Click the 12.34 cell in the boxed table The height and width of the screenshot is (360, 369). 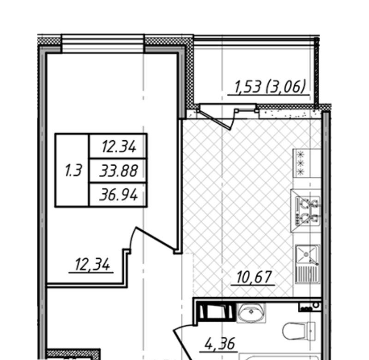click(x=118, y=146)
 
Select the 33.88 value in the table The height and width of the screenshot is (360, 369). click(x=118, y=171)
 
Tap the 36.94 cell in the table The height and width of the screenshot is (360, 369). click(x=118, y=195)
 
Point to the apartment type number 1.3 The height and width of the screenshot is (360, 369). click(x=73, y=170)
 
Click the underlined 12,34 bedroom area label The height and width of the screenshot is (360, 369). click(x=92, y=264)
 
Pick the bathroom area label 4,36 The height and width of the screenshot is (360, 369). click(x=219, y=344)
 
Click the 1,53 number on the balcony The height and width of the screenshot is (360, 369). click(x=248, y=86)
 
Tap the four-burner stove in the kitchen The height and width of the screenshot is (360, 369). click(x=306, y=211)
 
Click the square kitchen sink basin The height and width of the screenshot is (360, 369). click(x=307, y=254)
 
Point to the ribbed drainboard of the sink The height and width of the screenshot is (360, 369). click(x=307, y=274)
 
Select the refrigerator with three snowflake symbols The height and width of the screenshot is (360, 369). click(x=307, y=163)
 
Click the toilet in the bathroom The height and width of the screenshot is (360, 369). click(x=299, y=330)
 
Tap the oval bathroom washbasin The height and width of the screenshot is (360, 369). click(x=251, y=312)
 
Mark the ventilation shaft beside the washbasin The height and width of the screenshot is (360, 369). click(x=216, y=312)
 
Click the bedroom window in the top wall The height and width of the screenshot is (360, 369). click(x=103, y=43)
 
